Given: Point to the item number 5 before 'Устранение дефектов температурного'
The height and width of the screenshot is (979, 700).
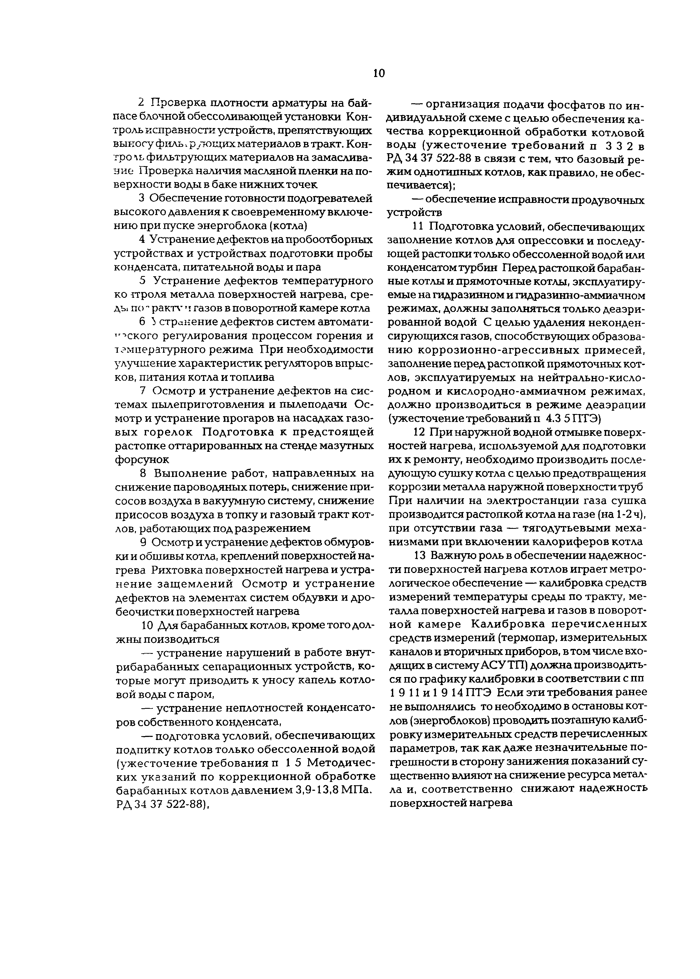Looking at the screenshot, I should click(x=143, y=281).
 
